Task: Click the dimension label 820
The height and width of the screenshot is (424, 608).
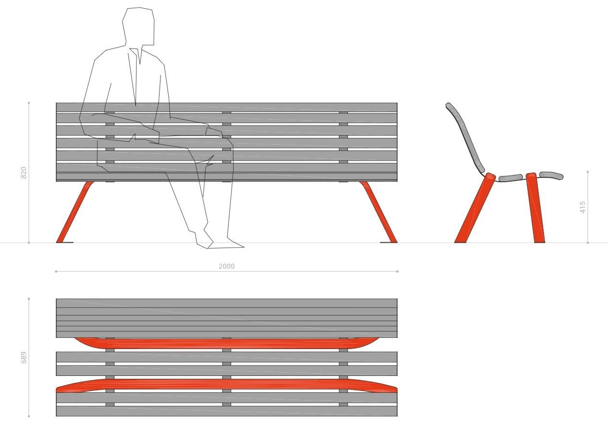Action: pyautogui.click(x=24, y=173)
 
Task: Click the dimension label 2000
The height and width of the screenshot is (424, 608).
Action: pyautogui.click(x=226, y=266)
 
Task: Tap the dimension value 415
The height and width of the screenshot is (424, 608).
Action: pyautogui.click(x=583, y=207)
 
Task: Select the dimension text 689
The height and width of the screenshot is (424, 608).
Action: pyautogui.click(x=24, y=358)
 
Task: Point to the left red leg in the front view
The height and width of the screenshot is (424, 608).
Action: pyautogui.click(x=74, y=212)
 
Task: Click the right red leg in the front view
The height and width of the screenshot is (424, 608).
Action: pyautogui.click(x=379, y=212)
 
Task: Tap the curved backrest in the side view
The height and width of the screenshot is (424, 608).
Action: pyautogui.click(x=465, y=137)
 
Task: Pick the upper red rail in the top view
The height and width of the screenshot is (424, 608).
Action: pyautogui.click(x=226, y=343)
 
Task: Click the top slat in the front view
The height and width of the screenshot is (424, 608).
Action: pyautogui.click(x=226, y=107)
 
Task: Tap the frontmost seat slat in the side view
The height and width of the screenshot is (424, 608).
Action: pyautogui.click(x=551, y=175)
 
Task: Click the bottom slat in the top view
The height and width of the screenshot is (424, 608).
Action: pyautogui.click(x=226, y=411)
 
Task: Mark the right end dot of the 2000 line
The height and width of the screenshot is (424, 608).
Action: pyautogui.click(x=397, y=272)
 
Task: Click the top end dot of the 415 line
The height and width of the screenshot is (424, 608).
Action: pyautogui.click(x=588, y=171)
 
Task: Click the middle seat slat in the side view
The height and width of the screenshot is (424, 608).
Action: pyautogui.click(x=510, y=178)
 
